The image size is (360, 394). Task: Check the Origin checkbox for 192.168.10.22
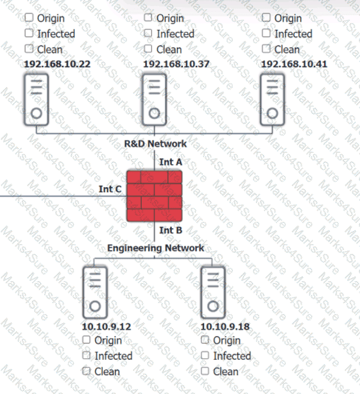(x=29, y=18)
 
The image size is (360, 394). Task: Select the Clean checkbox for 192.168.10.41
(x=266, y=49)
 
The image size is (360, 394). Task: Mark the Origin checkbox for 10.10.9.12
(x=86, y=340)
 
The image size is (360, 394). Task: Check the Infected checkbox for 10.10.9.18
(x=205, y=355)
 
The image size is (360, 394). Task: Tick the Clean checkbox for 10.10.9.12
(x=86, y=371)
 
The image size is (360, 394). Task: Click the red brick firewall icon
(x=155, y=195)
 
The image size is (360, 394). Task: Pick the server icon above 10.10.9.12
(x=95, y=292)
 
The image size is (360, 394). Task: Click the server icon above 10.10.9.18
(x=213, y=292)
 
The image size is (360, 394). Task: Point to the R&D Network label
(x=155, y=143)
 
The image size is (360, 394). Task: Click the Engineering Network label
(x=155, y=248)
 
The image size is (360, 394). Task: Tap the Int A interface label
(x=171, y=161)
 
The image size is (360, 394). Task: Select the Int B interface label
(x=171, y=231)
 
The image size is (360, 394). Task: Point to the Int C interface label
(x=110, y=189)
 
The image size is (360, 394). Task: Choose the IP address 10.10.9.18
(x=225, y=325)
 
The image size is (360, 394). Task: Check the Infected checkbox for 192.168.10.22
(x=29, y=34)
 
